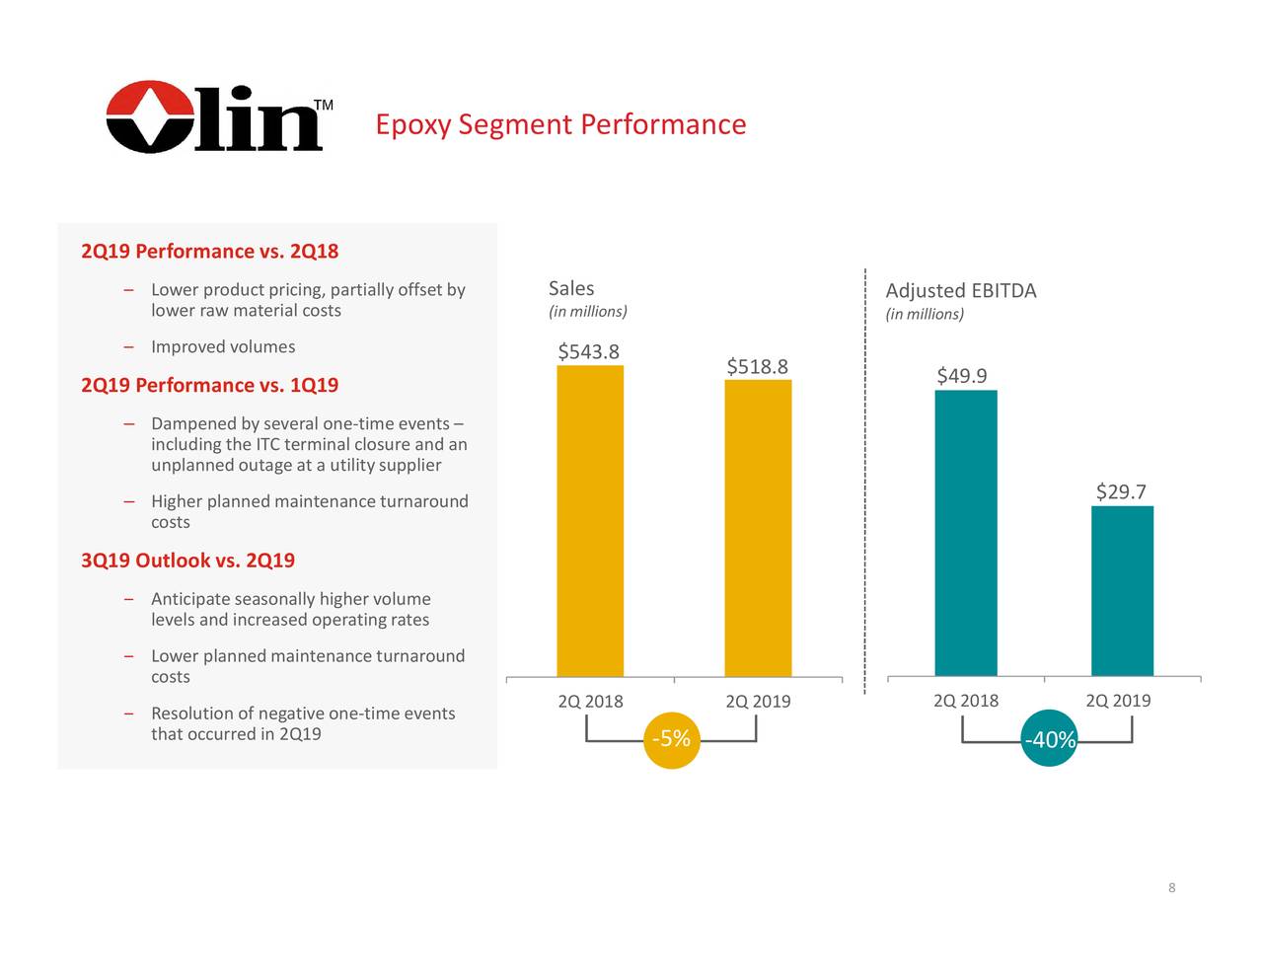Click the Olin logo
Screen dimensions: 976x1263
pyautogui.click(x=215, y=117)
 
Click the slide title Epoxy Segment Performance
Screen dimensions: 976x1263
pyautogui.click(x=560, y=125)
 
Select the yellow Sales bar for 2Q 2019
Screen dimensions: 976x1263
pyautogui.click(x=758, y=527)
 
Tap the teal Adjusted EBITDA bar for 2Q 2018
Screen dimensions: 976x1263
pyautogui.click(x=966, y=533)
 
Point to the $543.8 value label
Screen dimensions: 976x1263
pyautogui.click(x=588, y=352)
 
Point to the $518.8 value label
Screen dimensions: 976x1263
pyautogui.click(x=757, y=367)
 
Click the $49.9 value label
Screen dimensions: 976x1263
pyautogui.click(x=961, y=376)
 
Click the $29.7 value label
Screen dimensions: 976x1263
pyautogui.click(x=1121, y=492)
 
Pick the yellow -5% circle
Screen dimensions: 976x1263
pyautogui.click(x=671, y=739)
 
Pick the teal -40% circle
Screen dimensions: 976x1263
pyautogui.click(x=1050, y=740)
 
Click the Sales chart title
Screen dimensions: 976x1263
pyautogui.click(x=571, y=288)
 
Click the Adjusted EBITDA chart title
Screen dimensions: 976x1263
pyautogui.click(x=960, y=291)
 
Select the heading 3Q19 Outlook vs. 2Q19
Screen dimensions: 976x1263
pyautogui.click(x=187, y=561)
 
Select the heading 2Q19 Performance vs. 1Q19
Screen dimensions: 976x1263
pyautogui.click(x=209, y=385)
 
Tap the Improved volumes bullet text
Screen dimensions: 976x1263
pyautogui.click(x=223, y=347)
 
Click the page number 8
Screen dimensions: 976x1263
pyautogui.click(x=1171, y=888)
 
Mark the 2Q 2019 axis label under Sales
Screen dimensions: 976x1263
pyautogui.click(x=758, y=702)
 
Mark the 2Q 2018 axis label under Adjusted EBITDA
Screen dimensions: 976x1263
pyautogui.click(x=966, y=701)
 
